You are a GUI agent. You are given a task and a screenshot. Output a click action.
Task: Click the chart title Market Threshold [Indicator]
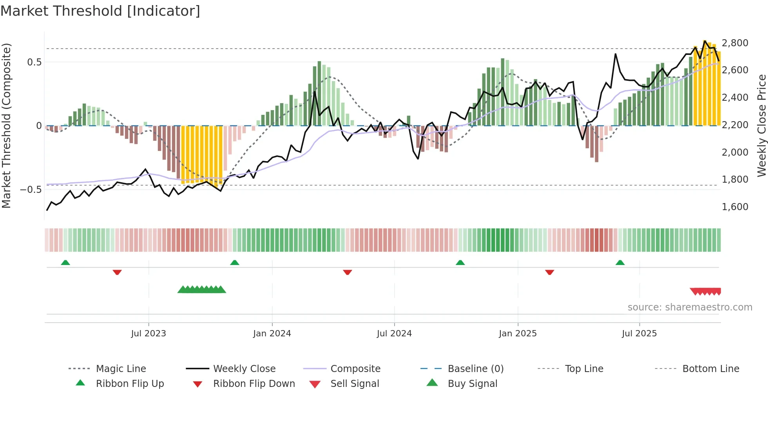pos(100,11)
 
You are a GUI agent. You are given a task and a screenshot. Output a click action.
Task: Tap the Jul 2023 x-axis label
pos(149,334)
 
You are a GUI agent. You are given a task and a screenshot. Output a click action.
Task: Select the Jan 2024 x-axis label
pos(272,334)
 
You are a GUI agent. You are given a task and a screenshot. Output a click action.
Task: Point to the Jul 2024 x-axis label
pos(394,334)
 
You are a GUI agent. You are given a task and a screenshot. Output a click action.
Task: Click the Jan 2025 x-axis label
pos(518,334)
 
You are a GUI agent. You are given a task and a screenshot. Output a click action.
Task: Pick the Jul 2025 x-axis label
pos(639,334)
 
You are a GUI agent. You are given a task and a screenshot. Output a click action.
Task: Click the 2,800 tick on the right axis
pos(735,43)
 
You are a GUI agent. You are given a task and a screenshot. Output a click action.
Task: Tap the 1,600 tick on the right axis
pos(735,207)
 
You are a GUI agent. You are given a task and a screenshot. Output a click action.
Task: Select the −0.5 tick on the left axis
pos(31,190)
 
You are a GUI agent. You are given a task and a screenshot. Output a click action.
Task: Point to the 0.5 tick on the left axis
pos(34,62)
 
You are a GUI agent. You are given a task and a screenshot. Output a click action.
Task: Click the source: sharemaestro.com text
pos(690,307)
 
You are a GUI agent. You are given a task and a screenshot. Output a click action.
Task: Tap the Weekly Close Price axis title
pos(761,125)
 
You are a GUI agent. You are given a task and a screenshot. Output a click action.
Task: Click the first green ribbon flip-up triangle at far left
pos(65,263)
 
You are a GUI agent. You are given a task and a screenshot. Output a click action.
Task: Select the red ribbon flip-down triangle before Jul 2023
pos(117,272)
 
